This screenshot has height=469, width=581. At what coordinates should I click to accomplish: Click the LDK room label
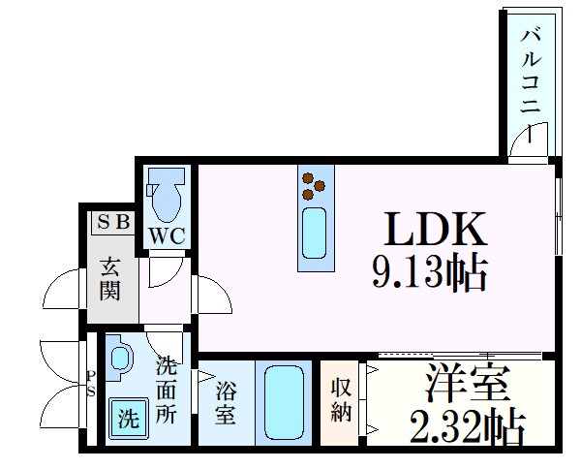pyautogui.click(x=434, y=231)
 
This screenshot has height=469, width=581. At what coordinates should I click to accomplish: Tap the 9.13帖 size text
pyautogui.click(x=428, y=274)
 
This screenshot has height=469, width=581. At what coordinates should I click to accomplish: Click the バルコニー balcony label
pyautogui.click(x=532, y=72)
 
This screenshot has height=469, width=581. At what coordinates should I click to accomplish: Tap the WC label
pyautogui.click(x=167, y=235)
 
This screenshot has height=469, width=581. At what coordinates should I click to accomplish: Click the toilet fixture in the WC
pyautogui.click(x=168, y=193)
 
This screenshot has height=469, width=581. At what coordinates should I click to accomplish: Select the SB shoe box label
pyautogui.click(x=114, y=221)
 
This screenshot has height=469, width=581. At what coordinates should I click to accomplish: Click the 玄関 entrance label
pyautogui.click(x=111, y=277)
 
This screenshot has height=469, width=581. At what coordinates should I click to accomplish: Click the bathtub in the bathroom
pyautogui.click(x=283, y=403)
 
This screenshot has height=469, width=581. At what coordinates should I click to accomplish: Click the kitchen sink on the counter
pyautogui.click(x=314, y=234)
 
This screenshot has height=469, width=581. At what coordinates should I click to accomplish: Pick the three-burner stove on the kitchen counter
pyautogui.click(x=313, y=184)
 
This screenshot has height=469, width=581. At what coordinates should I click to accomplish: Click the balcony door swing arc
pyautogui.click(x=533, y=141)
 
